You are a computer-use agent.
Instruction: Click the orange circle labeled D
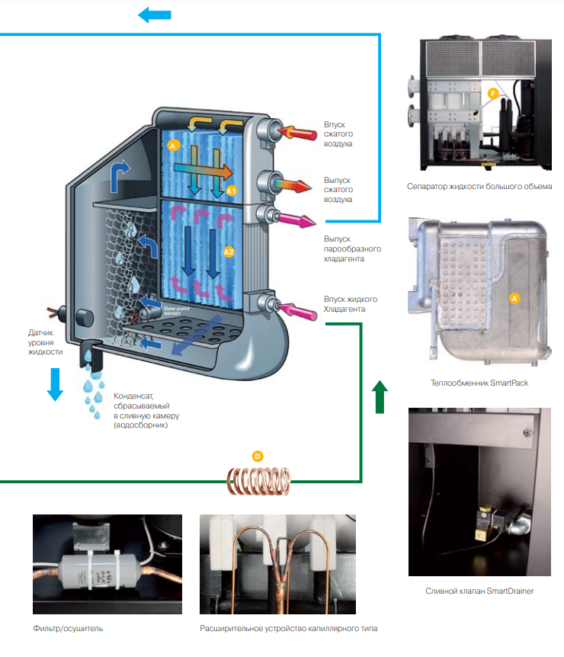258,456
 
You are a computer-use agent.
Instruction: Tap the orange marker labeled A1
232,191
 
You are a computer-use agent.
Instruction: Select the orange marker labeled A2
229,251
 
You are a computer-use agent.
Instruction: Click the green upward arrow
380,397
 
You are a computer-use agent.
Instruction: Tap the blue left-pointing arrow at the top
155,14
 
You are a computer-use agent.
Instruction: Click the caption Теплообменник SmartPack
479,383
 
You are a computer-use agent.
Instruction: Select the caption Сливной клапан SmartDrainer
479,591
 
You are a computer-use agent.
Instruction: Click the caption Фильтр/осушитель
68,629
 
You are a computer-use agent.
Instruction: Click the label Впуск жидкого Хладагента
351,304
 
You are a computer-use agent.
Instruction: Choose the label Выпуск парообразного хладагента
352,248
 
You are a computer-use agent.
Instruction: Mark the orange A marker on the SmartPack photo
514,298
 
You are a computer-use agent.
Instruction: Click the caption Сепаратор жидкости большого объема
479,186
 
